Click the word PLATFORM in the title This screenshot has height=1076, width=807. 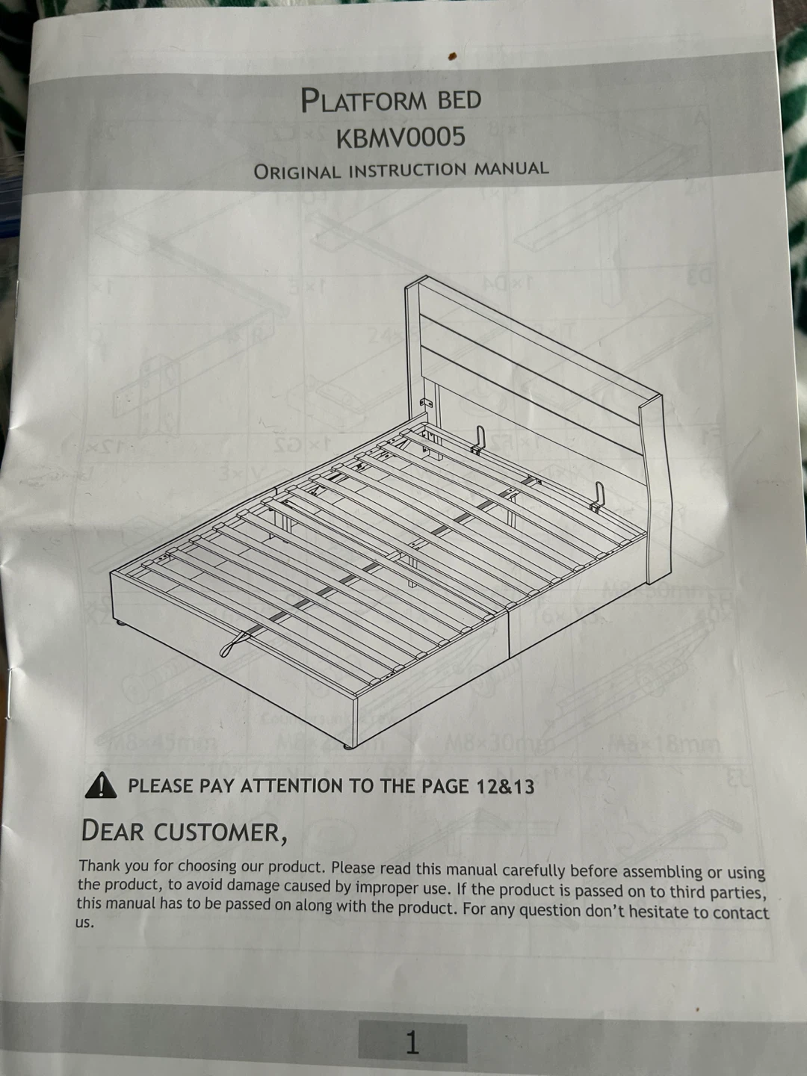point(365,100)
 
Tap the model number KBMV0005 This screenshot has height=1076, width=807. point(401,137)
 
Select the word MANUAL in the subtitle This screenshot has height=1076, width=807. point(511,169)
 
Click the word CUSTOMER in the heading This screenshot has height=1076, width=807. point(220,832)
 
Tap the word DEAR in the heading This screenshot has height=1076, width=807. point(113,830)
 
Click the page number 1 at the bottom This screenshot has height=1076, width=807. point(412,1042)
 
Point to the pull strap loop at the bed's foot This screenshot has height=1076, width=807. point(235,643)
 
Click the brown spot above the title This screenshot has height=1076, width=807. point(453,56)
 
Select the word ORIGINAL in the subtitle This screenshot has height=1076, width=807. point(297,172)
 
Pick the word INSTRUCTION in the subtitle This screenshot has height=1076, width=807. point(406,170)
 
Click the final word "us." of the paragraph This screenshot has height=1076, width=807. point(84,923)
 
